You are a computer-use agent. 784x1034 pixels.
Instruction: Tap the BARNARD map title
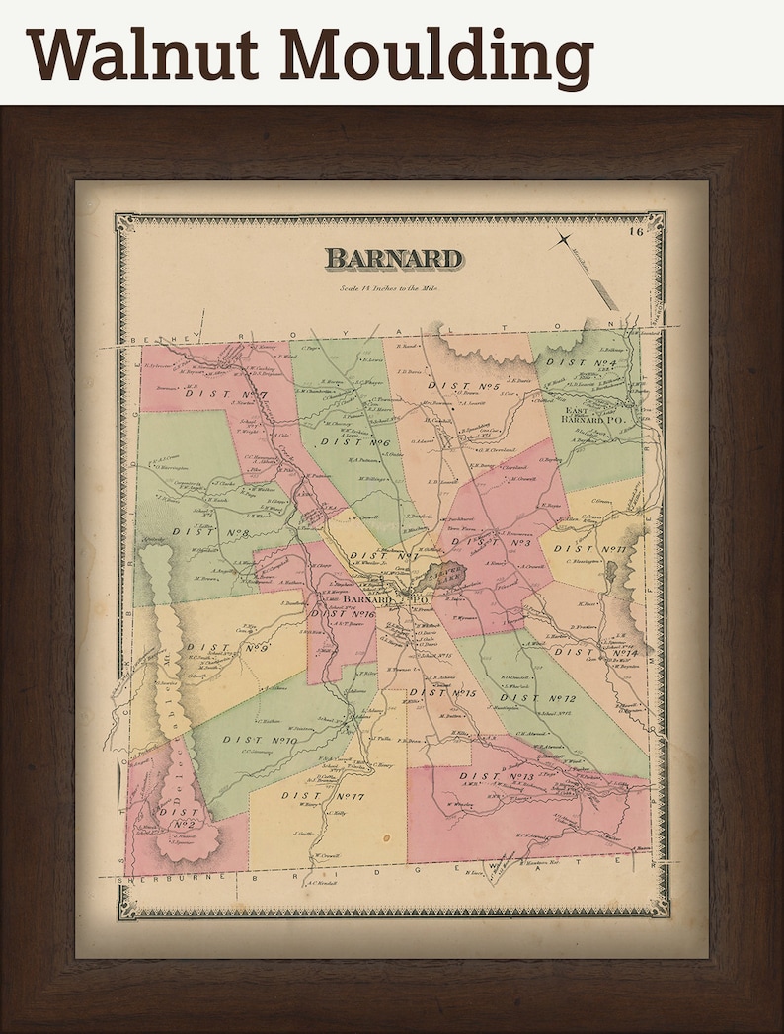(393, 259)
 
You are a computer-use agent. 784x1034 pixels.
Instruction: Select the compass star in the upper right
(563, 238)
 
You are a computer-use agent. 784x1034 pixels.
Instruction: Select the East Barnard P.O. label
(595, 415)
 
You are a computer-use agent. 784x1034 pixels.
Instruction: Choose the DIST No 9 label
(226, 649)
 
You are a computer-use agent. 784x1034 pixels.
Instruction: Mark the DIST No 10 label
(260, 740)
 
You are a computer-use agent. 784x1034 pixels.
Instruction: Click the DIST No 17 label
(323, 795)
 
